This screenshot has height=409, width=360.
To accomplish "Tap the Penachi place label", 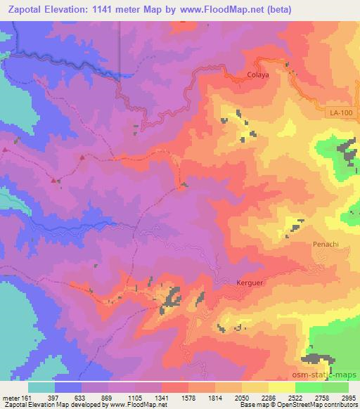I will (x=325, y=245).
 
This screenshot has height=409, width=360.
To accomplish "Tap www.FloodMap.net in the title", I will (x=217, y=9).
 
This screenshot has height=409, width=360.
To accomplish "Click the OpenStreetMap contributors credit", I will (x=316, y=405).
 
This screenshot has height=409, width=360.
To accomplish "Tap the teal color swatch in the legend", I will (x=41, y=387).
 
